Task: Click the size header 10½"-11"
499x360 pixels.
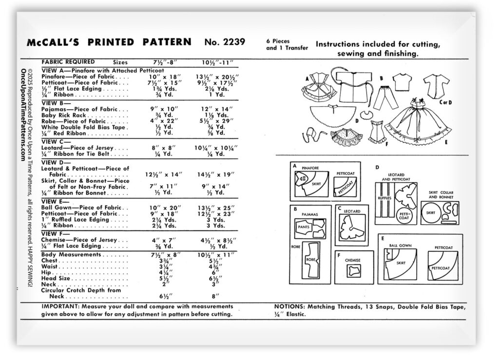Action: coord(218,63)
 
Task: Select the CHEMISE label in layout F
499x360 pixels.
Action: coord(352,260)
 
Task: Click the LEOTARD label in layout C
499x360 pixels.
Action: coord(353,211)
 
